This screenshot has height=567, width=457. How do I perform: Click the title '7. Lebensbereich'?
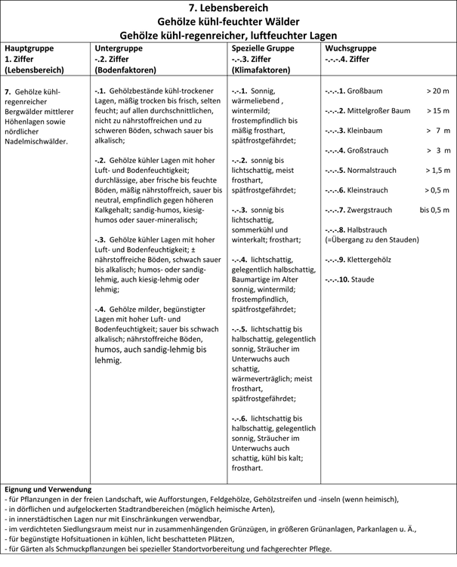click(x=228, y=8)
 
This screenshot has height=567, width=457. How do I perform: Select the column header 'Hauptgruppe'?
click(x=29, y=48)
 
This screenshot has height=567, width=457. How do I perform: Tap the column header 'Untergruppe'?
click(x=116, y=48)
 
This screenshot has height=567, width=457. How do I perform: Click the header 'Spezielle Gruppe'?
click(x=262, y=48)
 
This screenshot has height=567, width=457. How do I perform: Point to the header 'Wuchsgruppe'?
click(x=350, y=48)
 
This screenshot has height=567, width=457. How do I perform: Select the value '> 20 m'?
click(x=437, y=91)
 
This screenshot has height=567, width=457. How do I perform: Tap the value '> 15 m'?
click(x=437, y=111)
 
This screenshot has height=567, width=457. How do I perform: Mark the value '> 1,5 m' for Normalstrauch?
click(x=437, y=171)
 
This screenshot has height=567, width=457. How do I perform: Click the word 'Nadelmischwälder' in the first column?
click(x=36, y=140)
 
